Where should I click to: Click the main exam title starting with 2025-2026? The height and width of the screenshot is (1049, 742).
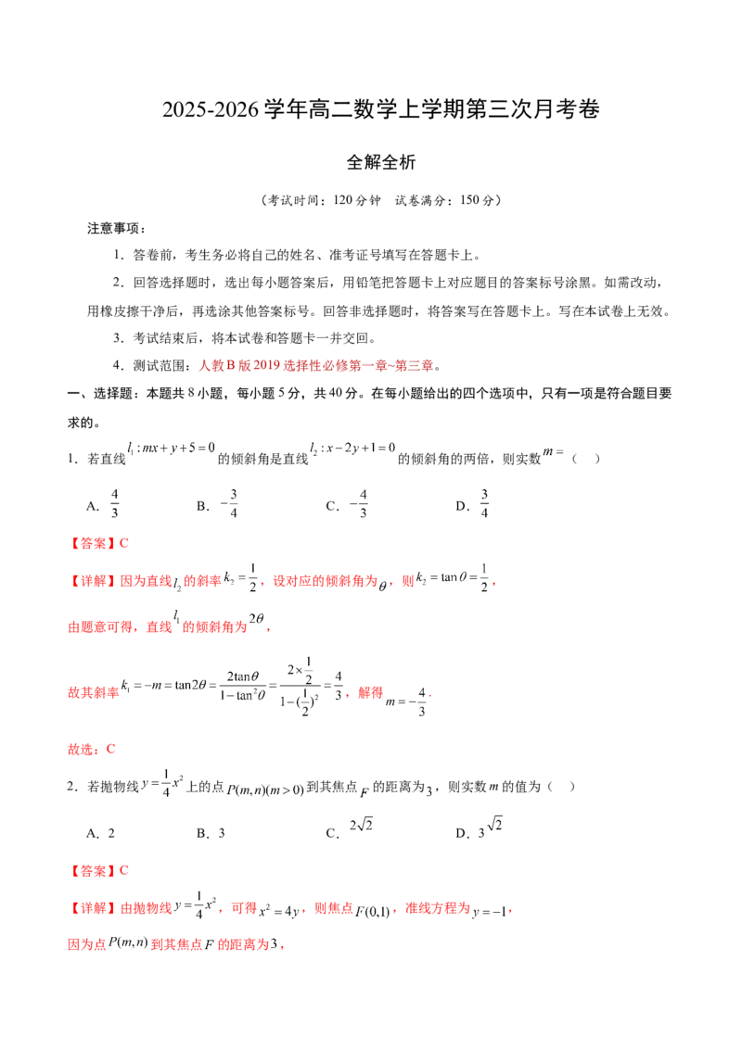pyautogui.click(x=380, y=109)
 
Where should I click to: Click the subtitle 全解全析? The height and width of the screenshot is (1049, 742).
pyautogui.click(x=380, y=162)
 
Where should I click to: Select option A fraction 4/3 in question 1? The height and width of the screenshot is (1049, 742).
pyautogui.click(x=114, y=503)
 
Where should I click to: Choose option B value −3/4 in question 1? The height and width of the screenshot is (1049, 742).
pyautogui.click(x=229, y=503)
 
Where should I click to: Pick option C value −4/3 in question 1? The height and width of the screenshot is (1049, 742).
pyautogui.click(x=359, y=503)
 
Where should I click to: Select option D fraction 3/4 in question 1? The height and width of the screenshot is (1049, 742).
pyautogui.click(x=484, y=503)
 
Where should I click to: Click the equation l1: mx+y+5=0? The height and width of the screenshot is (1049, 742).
pyautogui.click(x=171, y=448)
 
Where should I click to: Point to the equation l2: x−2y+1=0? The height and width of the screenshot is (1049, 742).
pyautogui.click(x=352, y=448)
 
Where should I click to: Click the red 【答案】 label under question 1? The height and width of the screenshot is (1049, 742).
pyautogui.click(x=93, y=543)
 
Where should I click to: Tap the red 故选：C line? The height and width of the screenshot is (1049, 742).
pyautogui.click(x=92, y=749)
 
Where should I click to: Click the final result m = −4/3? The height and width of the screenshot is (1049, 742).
pyautogui.click(x=406, y=701)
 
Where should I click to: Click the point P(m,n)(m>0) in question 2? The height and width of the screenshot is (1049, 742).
pyautogui.click(x=265, y=790)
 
